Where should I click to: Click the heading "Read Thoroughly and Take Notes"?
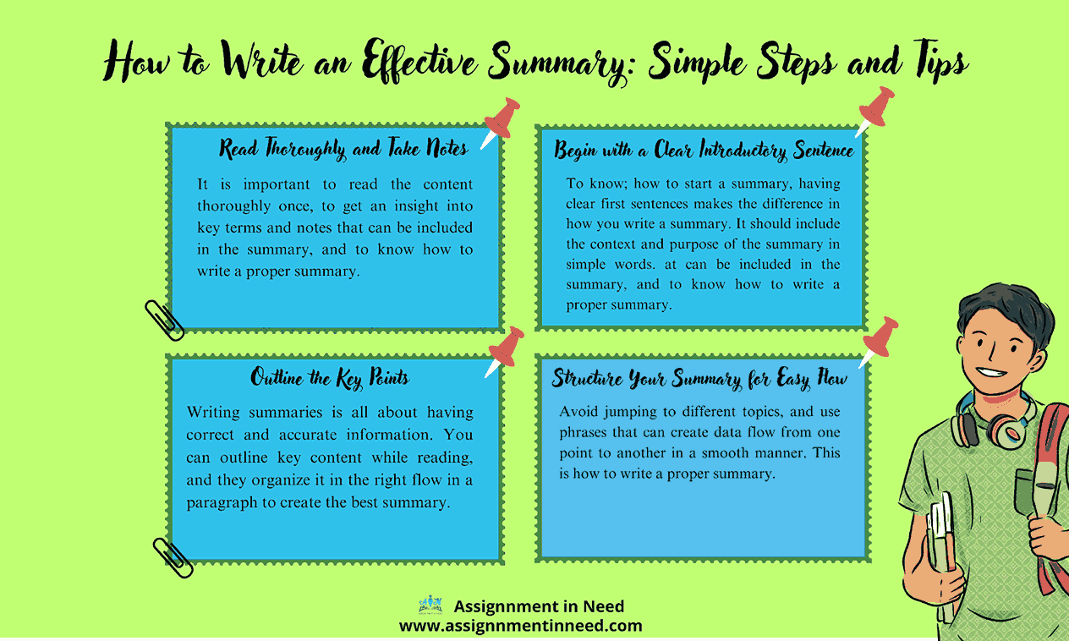pos(343,149)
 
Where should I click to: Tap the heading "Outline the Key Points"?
pos(330,378)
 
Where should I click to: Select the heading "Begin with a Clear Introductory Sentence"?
pos(704,150)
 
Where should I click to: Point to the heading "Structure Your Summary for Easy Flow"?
pos(699,379)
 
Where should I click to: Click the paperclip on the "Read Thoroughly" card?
pos(165,320)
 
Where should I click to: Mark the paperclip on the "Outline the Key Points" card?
pos(173,557)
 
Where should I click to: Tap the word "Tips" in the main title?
pos(940,61)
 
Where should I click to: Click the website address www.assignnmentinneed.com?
pos(521,625)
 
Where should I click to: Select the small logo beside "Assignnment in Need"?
pos(430,605)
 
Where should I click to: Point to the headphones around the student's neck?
pos(994,424)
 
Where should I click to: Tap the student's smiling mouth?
pos(991,373)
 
